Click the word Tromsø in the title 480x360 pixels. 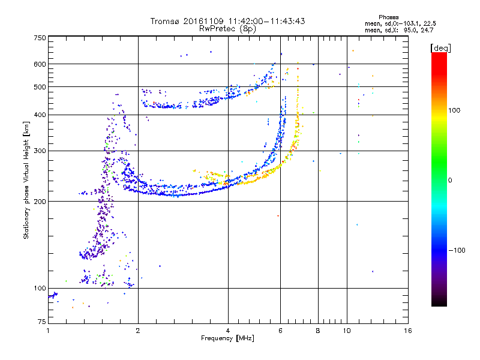(x=166, y=21)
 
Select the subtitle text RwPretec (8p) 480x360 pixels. (x=227, y=29)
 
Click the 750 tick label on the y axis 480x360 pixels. (x=40, y=38)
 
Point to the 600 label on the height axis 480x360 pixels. (x=40, y=64)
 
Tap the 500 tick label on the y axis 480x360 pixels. (x=40, y=87)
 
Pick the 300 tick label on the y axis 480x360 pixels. (x=40, y=151)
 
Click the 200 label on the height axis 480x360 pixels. (x=40, y=202)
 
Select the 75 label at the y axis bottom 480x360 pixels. (x=42, y=322)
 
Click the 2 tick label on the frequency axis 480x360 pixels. (x=138, y=331)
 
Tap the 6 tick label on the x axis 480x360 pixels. (x=280, y=331)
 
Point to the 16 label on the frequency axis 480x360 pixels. (x=408, y=331)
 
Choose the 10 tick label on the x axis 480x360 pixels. (x=347, y=331)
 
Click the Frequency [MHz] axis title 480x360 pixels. (x=227, y=338)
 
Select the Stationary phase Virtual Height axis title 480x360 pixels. (x=26, y=181)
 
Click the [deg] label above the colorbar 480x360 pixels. (x=440, y=49)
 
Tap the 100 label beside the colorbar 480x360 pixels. (x=454, y=110)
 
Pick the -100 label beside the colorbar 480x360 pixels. (x=457, y=250)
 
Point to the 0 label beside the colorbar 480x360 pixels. (x=450, y=181)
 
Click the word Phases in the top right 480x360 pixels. (x=388, y=17)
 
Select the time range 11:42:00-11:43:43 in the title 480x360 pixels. (x=266, y=21)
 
